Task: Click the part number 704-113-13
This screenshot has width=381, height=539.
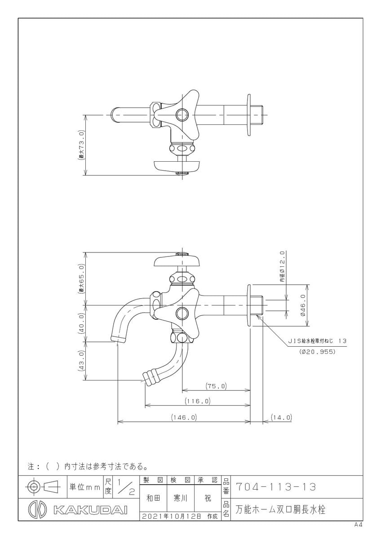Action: click(x=276, y=487)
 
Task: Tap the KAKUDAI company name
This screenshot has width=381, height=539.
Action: click(x=90, y=510)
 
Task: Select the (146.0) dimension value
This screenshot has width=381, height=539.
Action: click(x=184, y=417)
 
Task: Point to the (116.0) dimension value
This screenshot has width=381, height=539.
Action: click(x=197, y=401)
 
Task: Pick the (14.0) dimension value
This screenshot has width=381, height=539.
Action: click(x=282, y=417)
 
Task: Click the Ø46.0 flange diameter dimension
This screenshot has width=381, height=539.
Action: click(x=303, y=305)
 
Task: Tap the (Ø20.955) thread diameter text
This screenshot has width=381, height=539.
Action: click(x=317, y=352)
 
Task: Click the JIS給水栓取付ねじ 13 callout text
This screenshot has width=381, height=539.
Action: click(x=317, y=341)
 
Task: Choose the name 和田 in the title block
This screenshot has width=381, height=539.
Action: click(x=153, y=499)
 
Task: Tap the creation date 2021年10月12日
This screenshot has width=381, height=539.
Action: click(x=172, y=517)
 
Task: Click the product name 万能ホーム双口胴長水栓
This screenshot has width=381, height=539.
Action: click(x=280, y=510)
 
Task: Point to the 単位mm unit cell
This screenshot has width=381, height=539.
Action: click(x=84, y=487)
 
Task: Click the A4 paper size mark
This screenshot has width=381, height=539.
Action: click(x=358, y=525)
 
